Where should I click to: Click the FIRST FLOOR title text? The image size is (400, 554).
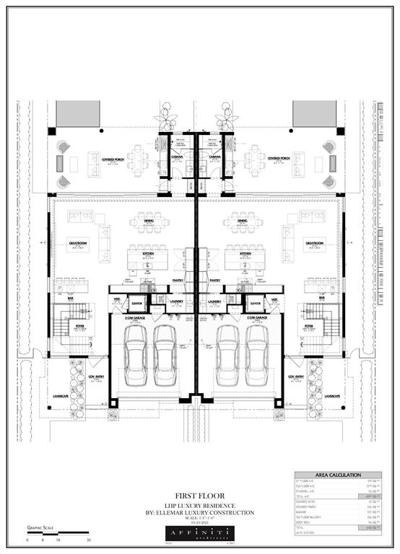[199, 496]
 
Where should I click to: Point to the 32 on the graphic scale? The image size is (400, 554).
[88, 540]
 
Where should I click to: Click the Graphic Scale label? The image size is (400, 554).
[42, 527]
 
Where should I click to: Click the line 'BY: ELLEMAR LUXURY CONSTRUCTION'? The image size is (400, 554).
[199, 512]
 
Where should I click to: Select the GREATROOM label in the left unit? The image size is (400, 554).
[78, 243]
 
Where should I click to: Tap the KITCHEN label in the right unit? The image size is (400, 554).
[245, 255]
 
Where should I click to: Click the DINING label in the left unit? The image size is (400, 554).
[149, 221]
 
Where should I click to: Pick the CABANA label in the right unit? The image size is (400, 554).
[215, 157]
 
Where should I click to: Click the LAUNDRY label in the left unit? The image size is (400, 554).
[176, 302]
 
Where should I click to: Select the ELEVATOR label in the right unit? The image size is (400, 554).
[255, 304]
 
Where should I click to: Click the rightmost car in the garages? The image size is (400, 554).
[256, 356]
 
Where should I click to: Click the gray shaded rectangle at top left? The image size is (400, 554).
[78, 113]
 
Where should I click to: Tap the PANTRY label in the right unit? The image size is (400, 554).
[214, 280]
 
